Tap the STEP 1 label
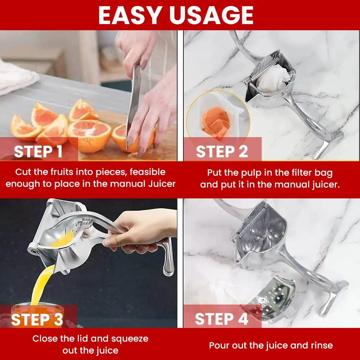point(38,152)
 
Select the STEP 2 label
point(222,152)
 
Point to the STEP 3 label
point(37,319)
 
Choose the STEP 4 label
point(221,319)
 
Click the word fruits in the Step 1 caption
point(59,172)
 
